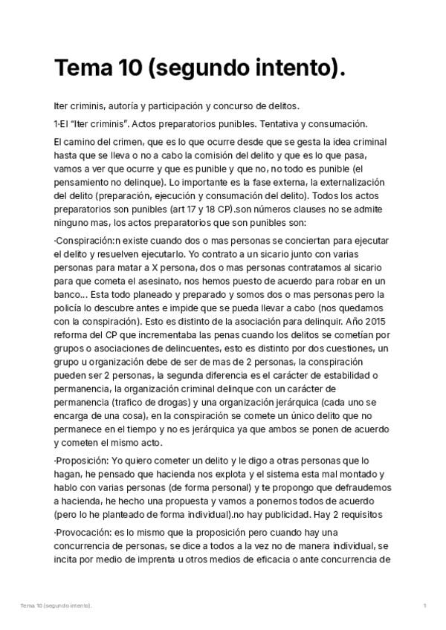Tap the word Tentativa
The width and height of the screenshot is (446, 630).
point(285,123)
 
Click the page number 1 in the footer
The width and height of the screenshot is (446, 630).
point(424,606)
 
